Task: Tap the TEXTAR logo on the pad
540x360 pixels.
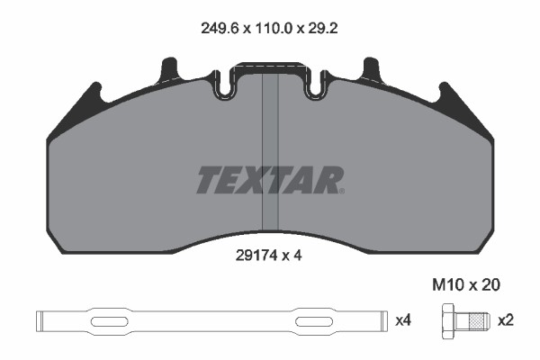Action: (269, 180)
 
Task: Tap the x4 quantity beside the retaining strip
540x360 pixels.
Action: (403, 319)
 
